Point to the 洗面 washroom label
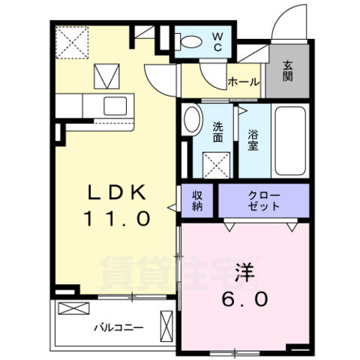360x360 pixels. (217, 132)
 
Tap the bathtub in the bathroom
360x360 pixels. (289, 141)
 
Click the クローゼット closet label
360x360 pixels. (263, 200)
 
